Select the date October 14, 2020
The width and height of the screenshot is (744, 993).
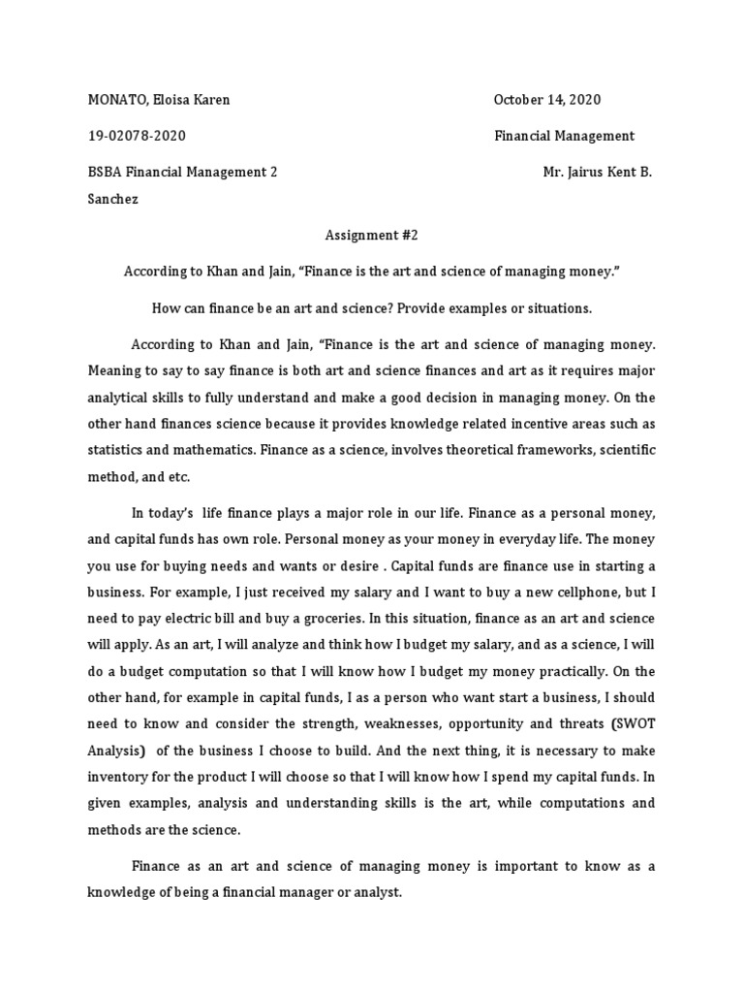coord(547,100)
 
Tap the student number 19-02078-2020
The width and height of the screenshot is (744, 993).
coord(137,136)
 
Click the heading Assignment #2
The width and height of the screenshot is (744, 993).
coord(371,235)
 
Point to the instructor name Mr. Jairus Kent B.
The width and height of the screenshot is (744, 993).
coord(598,172)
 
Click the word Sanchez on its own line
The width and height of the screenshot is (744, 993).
coord(115,200)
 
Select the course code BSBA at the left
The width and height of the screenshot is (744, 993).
coord(106,172)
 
